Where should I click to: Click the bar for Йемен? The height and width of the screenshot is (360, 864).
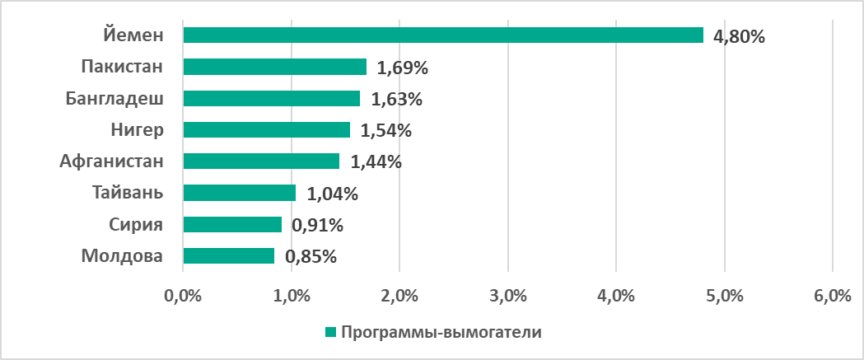pos(443,35)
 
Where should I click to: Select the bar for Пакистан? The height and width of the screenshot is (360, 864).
pos(274,67)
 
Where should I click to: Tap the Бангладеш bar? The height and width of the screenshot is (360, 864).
pos(271,98)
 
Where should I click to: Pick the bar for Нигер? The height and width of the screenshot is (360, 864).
pos(266,129)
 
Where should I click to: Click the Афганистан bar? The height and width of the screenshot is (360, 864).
pos(261,161)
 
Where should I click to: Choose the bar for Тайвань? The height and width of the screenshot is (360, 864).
pos(239,193)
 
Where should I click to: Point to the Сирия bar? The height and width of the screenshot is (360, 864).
pos(232,224)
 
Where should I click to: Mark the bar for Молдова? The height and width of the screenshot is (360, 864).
pos(229,256)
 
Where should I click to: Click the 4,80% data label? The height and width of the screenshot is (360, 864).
pos(740,36)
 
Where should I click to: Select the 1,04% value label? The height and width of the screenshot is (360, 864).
pos(333,194)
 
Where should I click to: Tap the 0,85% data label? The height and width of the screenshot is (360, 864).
pos(311,257)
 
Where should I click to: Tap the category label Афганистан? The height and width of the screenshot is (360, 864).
pos(112,161)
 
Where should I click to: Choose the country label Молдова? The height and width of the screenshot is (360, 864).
pos(122,256)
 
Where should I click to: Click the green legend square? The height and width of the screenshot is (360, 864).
pos(330,332)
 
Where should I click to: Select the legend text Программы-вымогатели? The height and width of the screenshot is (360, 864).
pos(441,332)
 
